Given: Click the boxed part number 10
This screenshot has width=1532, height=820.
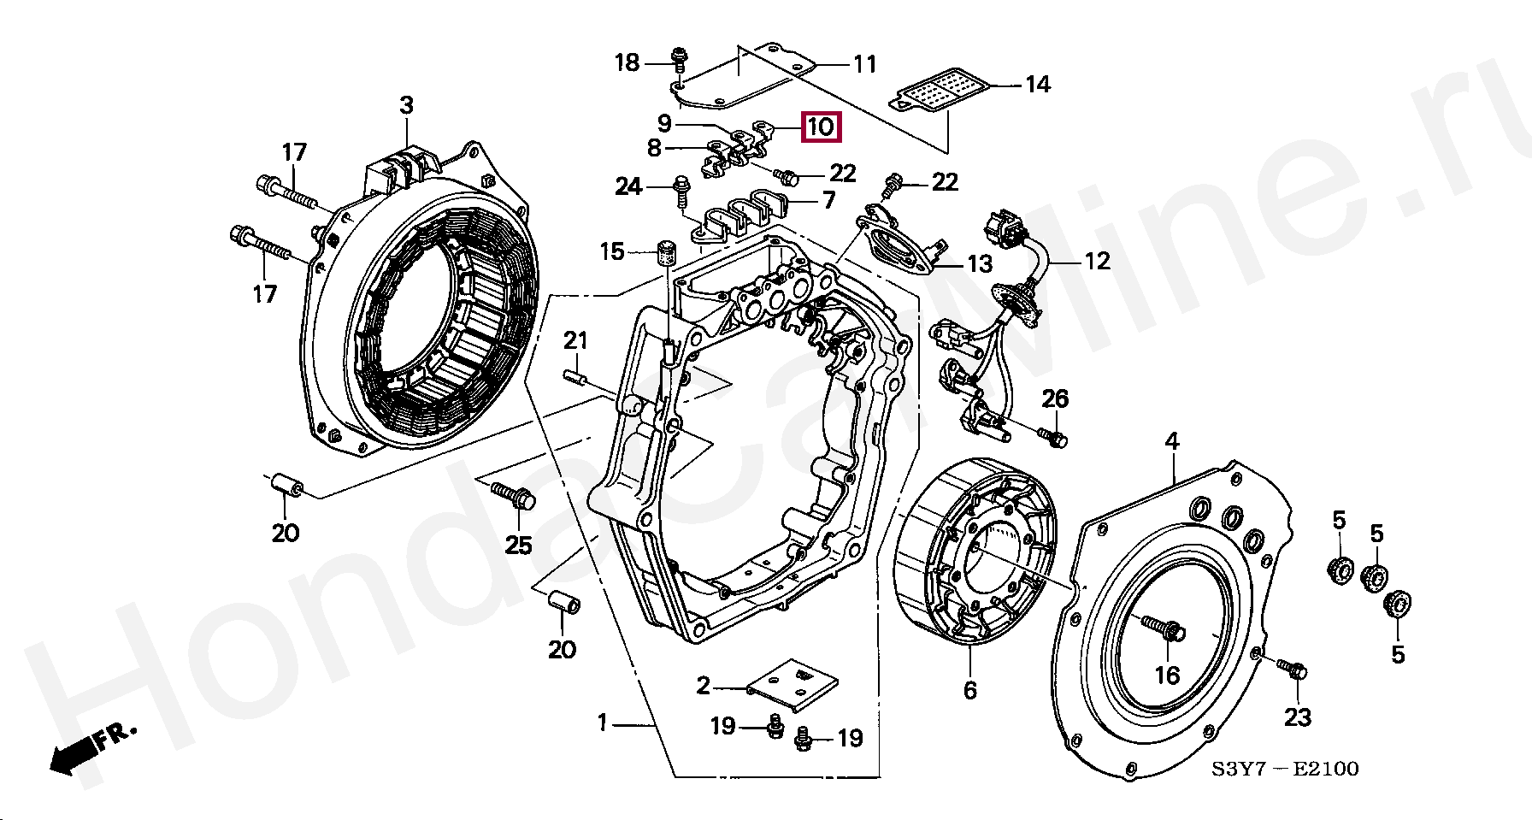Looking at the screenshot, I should tap(820, 127).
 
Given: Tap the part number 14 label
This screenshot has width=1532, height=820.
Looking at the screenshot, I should tap(1037, 84).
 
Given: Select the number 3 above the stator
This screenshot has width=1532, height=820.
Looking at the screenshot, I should tap(406, 105).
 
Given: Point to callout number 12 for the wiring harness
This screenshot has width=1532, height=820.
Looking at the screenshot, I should tap(1097, 261).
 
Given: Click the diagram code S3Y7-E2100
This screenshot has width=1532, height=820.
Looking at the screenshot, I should tap(1284, 769).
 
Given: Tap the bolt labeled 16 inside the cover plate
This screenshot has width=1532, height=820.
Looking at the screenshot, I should tap(1162, 628).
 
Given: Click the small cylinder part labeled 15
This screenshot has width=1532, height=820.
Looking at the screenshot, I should tap(665, 253).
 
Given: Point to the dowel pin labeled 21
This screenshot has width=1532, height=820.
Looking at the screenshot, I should tap(574, 376).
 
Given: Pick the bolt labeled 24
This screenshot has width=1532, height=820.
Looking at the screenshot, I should tap(682, 189).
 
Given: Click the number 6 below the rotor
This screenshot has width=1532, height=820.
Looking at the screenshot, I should tap(969, 690).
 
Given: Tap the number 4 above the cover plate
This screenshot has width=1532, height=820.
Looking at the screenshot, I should tap(1172, 441).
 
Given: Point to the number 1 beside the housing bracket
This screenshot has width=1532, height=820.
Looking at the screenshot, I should tap(603, 723).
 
